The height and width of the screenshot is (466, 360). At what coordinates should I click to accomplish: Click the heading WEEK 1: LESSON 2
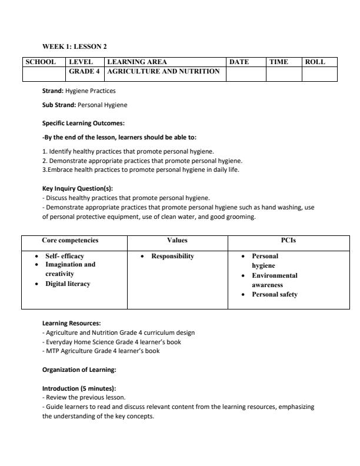click(x=75, y=46)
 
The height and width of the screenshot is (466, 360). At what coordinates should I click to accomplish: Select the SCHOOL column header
click(x=41, y=62)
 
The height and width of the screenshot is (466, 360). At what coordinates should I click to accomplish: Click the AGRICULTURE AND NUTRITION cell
click(x=164, y=71)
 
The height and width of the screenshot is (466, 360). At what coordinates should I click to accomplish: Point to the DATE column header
click(x=239, y=62)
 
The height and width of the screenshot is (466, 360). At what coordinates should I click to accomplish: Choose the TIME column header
click(x=279, y=62)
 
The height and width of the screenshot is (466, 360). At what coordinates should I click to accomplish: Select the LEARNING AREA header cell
click(x=137, y=62)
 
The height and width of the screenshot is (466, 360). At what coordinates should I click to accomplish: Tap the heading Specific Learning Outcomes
click(x=84, y=124)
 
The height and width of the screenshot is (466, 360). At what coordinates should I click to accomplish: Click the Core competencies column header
click(x=70, y=240)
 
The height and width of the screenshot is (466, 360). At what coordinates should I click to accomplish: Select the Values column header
click(x=177, y=240)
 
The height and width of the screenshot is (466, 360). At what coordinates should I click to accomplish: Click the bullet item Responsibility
click(x=172, y=257)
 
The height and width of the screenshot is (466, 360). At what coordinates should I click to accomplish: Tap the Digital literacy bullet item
click(x=68, y=284)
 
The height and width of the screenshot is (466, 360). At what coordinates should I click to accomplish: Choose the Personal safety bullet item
click(x=275, y=294)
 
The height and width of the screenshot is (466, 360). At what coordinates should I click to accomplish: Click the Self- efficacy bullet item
click(x=65, y=257)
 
